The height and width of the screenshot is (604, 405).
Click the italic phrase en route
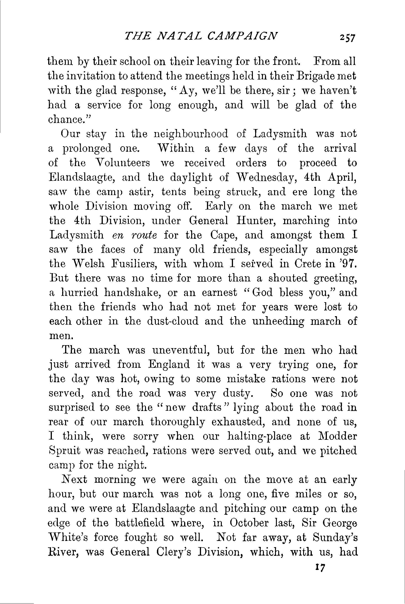(135, 235)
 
